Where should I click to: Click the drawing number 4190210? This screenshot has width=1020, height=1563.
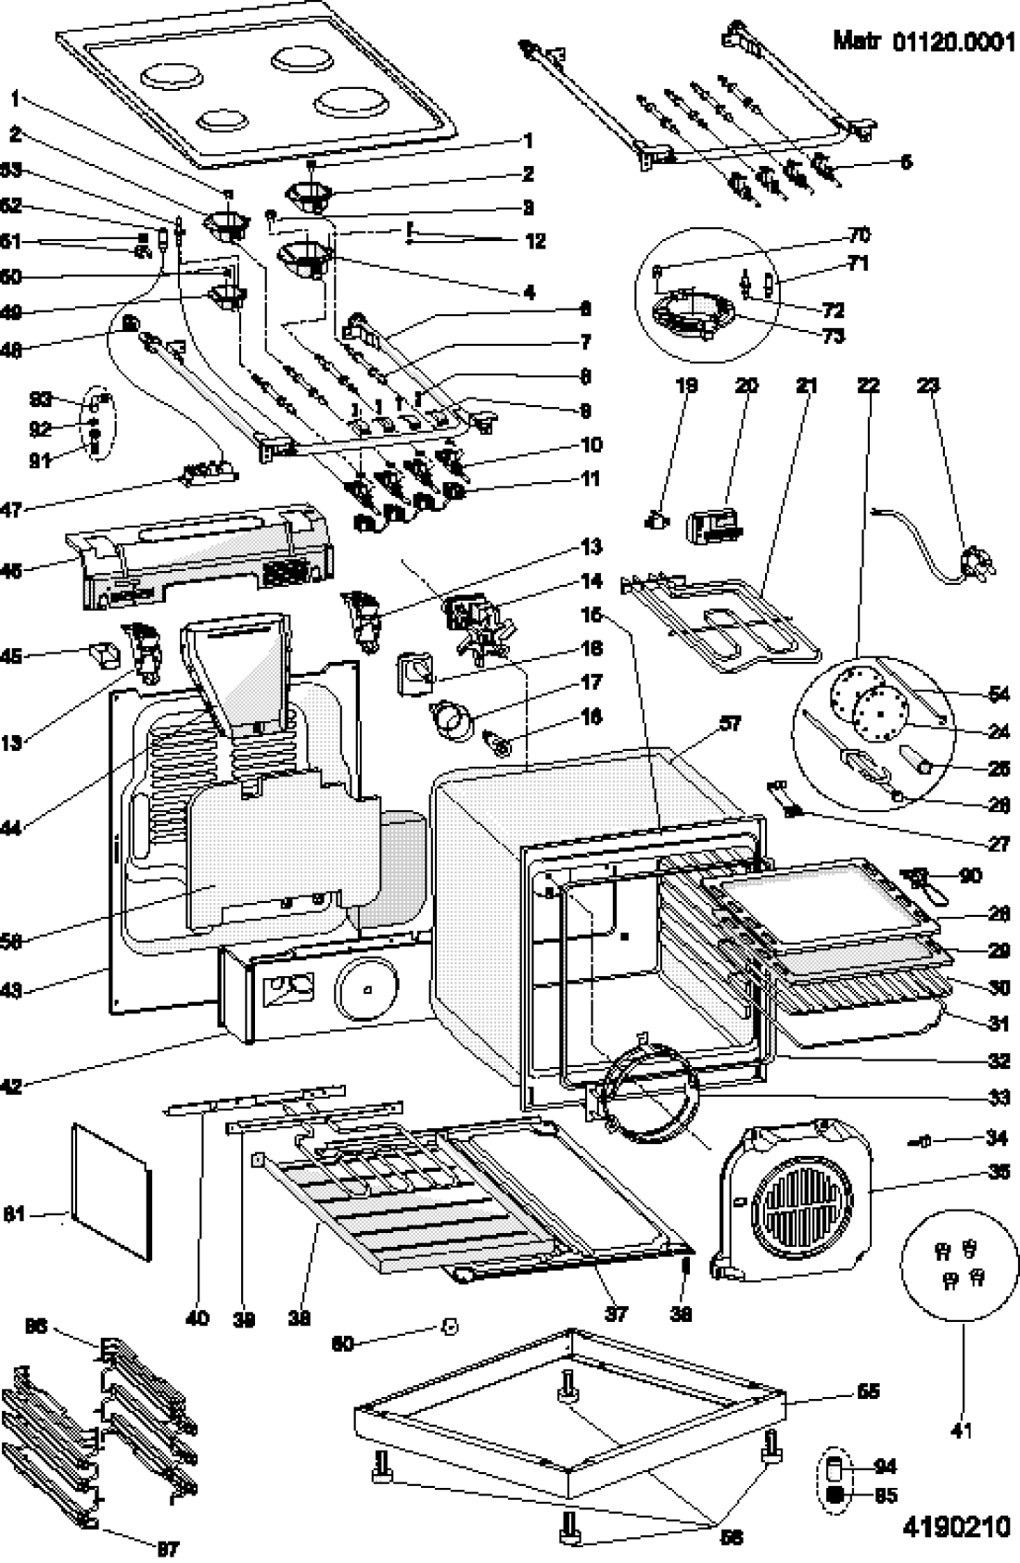pyautogui.click(x=955, y=1526)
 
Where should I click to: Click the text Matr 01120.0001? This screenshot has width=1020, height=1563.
pyautogui.click(x=924, y=41)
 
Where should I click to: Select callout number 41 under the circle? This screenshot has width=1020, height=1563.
pyautogui.click(x=962, y=1430)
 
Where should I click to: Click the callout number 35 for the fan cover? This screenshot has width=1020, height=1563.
pyautogui.click(x=998, y=1173)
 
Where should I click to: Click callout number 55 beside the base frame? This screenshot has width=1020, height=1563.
pyautogui.click(x=868, y=1391)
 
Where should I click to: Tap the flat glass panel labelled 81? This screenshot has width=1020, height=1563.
pyautogui.click(x=111, y=1191)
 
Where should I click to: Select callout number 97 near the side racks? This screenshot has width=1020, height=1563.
pyautogui.click(x=168, y=1547)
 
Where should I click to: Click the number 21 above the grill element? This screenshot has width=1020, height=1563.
pyautogui.click(x=805, y=384)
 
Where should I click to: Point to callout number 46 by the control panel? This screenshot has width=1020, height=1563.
pyautogui.click(x=11, y=571)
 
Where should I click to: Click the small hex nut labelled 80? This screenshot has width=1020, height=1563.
pyautogui.click(x=449, y=1326)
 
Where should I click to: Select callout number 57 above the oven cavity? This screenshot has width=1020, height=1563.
pyautogui.click(x=731, y=722)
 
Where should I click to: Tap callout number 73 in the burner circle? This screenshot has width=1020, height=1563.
pyautogui.click(x=833, y=336)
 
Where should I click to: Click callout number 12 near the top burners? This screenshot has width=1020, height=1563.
pyautogui.click(x=534, y=241)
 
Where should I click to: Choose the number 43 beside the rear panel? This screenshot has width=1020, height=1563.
pyautogui.click(x=11, y=990)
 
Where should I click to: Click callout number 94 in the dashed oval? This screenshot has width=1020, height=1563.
pyautogui.click(x=886, y=1467)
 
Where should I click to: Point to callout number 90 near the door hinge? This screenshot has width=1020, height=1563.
pyautogui.click(x=970, y=875)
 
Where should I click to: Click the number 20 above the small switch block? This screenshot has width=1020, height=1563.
pyautogui.click(x=746, y=384)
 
